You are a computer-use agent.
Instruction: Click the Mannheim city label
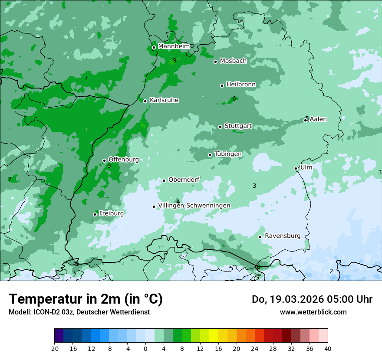(x=174, y=46)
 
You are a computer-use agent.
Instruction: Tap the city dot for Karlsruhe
(x=145, y=101)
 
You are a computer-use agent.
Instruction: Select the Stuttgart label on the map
(x=238, y=126)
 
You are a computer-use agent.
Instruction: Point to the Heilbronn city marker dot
(x=222, y=85)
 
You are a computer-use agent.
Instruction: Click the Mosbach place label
(x=233, y=61)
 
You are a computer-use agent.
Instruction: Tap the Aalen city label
(x=318, y=119)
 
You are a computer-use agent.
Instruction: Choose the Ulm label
(x=306, y=167)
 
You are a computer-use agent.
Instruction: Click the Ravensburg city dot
(x=260, y=237)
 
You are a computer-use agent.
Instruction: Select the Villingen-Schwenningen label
(x=194, y=206)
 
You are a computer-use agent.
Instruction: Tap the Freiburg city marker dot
(x=95, y=214)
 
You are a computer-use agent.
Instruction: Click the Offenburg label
(x=124, y=160)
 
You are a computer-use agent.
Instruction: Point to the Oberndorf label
(x=184, y=180)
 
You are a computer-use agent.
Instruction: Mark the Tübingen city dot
(x=210, y=155)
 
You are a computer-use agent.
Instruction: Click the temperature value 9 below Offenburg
(x=109, y=166)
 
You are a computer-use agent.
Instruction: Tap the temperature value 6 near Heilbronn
(x=234, y=99)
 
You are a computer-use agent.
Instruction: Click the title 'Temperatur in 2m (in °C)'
(x=86, y=299)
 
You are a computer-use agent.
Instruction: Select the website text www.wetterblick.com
(x=313, y=312)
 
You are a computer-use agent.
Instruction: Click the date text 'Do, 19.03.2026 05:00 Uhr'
(x=312, y=299)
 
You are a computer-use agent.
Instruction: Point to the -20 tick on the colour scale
(x=54, y=348)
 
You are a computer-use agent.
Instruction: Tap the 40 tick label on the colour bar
(x=327, y=348)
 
